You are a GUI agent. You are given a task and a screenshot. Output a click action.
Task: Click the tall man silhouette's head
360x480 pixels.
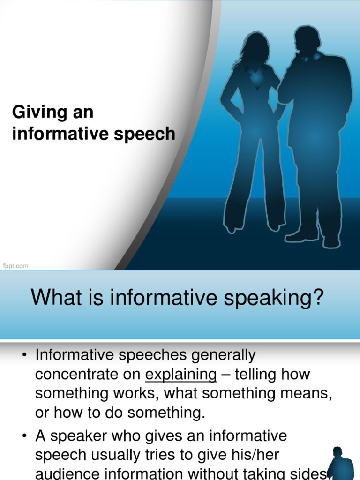pos(307,39)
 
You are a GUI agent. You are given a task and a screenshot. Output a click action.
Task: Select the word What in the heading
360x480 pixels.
pos(52,298)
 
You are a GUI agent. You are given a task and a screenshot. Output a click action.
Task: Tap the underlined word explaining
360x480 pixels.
pos(180,375)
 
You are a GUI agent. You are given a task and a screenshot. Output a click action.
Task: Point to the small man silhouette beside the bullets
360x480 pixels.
pos(339,464)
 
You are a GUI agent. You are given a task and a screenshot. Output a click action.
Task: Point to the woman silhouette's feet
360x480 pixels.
pos(253,227)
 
